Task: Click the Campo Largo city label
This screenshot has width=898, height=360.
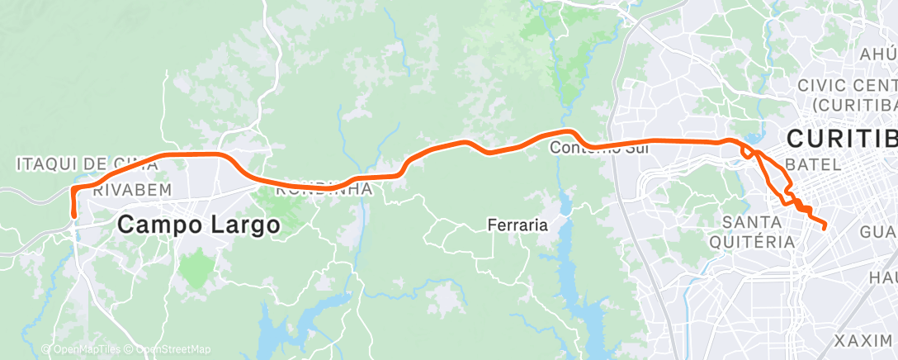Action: coord(198,224)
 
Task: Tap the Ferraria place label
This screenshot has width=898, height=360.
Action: coord(518,225)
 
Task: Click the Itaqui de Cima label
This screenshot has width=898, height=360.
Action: coord(87,164)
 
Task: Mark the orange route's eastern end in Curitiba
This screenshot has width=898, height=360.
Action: coord(824,225)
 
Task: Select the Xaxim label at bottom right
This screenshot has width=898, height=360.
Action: coord(863,341)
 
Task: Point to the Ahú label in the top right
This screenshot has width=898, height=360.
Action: coord(877,54)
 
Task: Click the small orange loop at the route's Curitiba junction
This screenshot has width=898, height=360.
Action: coord(747,152)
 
